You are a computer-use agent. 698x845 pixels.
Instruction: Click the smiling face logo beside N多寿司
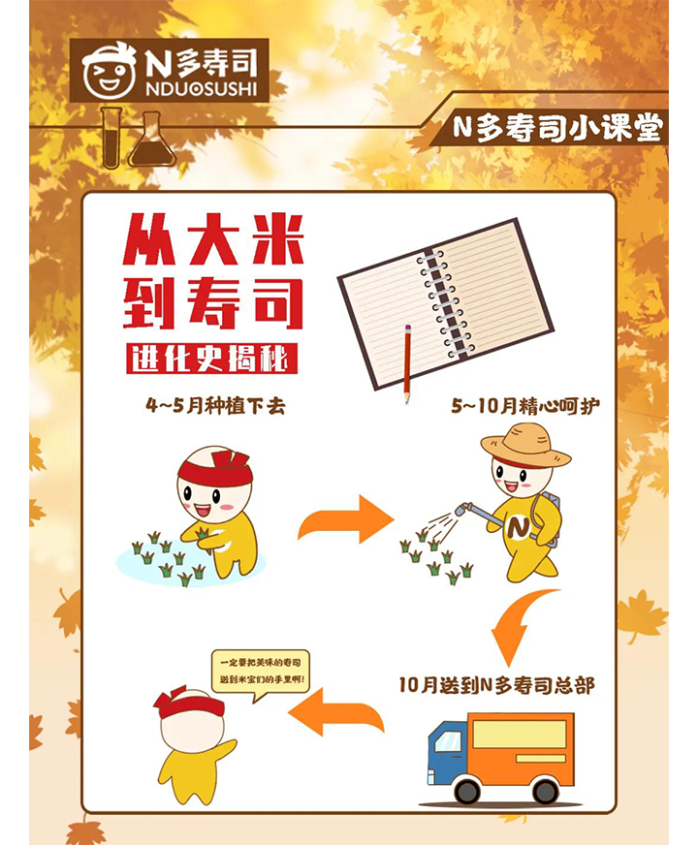click(109, 71)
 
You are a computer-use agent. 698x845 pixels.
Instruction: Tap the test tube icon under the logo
click(111, 138)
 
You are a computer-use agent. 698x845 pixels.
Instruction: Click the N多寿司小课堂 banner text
click(556, 129)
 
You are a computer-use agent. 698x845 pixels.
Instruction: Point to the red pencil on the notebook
click(407, 363)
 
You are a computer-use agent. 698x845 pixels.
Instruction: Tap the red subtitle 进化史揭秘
click(211, 358)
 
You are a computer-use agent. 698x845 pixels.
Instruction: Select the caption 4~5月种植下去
click(215, 406)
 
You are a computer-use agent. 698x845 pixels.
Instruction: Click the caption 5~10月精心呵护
click(525, 406)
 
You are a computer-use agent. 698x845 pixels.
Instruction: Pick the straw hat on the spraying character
click(525, 445)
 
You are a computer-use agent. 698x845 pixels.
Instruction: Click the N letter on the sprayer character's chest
click(518, 526)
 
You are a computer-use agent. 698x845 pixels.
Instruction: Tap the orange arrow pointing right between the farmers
click(345, 519)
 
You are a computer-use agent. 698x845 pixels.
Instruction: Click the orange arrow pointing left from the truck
click(335, 712)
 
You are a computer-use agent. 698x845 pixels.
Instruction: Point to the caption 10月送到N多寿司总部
click(496, 685)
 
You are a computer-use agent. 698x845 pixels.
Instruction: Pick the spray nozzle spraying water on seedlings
click(462, 509)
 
